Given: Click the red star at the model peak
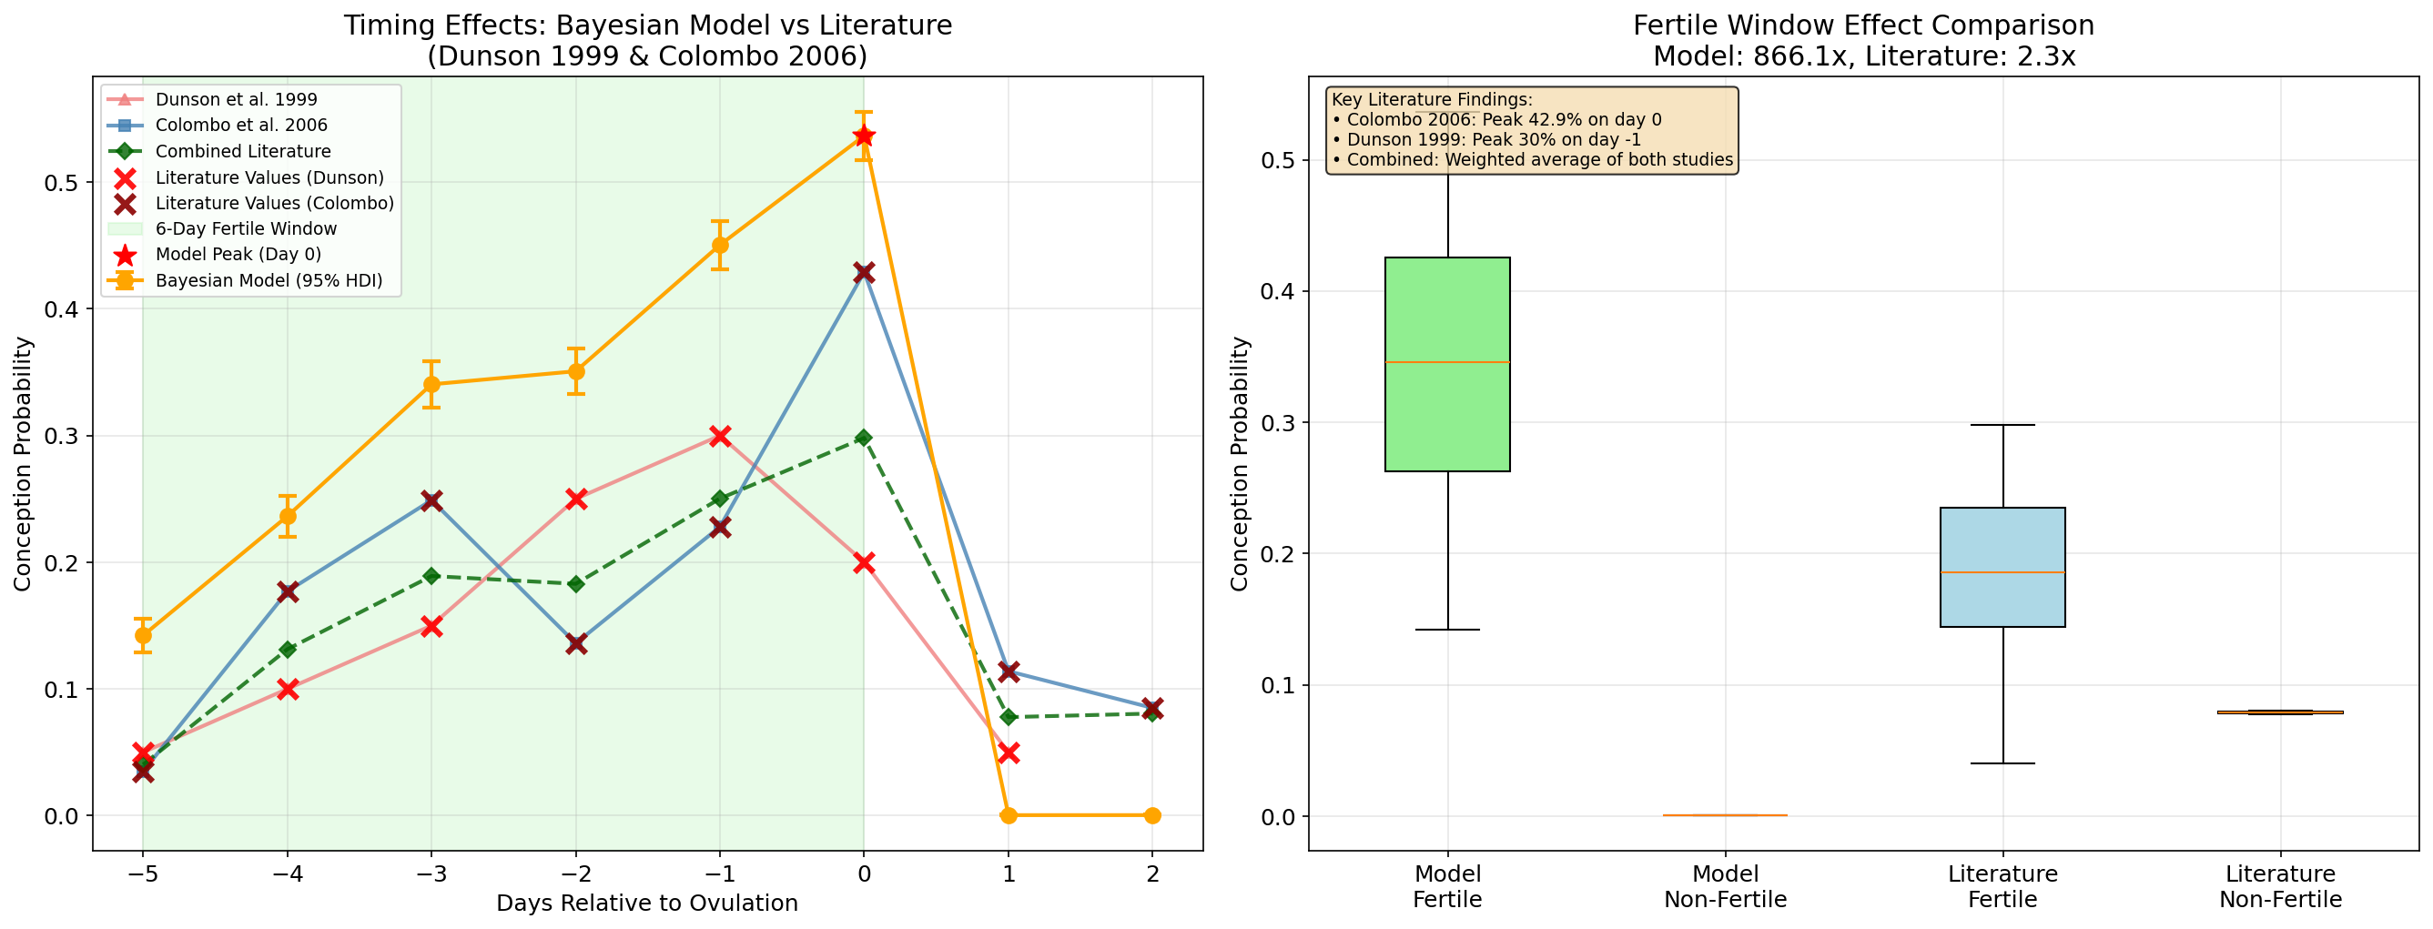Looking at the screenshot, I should point(863,136).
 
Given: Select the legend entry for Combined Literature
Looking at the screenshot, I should point(243,151).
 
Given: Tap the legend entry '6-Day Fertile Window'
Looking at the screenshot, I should point(246,228).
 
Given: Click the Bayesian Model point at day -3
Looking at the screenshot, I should point(431,384).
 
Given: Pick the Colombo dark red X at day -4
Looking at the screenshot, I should point(288,592).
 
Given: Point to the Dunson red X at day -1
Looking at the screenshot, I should point(720,435).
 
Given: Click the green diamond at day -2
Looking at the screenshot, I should point(576,584).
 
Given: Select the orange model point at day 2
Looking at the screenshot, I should point(1152,814).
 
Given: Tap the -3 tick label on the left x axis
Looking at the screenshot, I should point(431,874).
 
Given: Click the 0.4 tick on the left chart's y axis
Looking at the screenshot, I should point(60,309).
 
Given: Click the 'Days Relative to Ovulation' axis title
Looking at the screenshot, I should point(647,904).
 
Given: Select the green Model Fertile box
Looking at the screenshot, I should point(1447,363).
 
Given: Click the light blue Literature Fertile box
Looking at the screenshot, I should point(2002,567).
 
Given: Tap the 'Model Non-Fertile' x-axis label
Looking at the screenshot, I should point(1725,886).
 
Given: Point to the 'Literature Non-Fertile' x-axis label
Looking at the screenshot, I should point(2280,886).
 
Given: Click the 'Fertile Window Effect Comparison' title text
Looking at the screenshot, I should point(1863,25).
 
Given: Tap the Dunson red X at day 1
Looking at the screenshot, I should point(1008,752).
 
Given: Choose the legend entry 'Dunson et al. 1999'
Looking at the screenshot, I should point(236,99).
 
